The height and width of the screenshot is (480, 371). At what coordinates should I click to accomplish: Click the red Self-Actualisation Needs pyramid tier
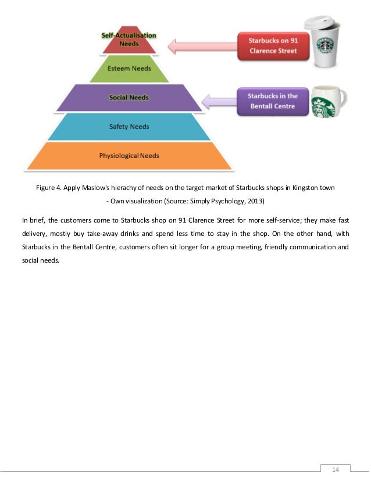point(129,41)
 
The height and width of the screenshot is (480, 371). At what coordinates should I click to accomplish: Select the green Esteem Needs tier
point(129,69)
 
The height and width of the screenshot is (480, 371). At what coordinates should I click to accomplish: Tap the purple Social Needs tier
point(129,97)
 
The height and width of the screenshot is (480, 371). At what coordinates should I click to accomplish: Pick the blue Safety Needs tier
point(129,127)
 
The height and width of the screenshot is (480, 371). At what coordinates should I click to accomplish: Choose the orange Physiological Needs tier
point(129,156)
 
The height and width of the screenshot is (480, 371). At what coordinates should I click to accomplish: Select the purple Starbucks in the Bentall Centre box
point(272,101)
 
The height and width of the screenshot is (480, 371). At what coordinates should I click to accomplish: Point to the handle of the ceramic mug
point(341,97)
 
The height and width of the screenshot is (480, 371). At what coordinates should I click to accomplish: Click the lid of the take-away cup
point(322,23)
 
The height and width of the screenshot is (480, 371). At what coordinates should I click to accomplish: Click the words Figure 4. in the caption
point(49,189)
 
